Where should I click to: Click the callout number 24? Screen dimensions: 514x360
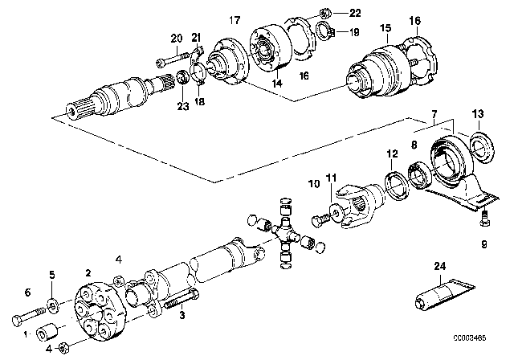(440, 266)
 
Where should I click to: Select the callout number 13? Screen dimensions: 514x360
(478, 114)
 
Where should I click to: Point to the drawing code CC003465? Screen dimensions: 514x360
(469, 338)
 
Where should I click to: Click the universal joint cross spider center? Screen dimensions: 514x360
(285, 232)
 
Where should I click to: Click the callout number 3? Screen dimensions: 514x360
(182, 316)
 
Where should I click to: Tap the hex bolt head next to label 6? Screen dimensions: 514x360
(18, 321)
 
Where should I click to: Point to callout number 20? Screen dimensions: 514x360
(177, 39)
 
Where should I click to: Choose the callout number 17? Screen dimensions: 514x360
(235, 20)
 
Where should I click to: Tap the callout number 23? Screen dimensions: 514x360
(183, 106)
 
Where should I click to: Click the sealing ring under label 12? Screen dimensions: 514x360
(397, 185)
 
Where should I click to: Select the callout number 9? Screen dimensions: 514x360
(484, 244)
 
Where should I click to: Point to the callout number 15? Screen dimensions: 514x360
(385, 28)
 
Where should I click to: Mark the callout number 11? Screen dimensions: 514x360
(331, 178)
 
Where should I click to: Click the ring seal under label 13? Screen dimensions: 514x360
(482, 146)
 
